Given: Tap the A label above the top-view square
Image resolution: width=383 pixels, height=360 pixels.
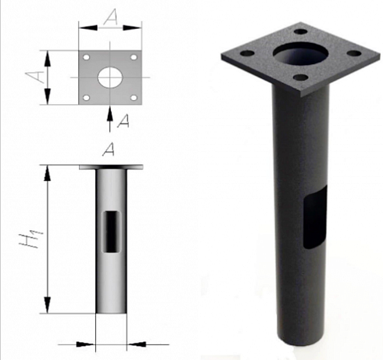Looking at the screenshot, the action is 111,16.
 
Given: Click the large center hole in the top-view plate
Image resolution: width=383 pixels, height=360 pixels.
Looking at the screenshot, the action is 110,77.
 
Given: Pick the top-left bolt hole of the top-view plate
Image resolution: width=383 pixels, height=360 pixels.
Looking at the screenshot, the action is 86,57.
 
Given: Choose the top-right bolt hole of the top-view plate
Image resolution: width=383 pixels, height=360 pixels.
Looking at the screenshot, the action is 134,57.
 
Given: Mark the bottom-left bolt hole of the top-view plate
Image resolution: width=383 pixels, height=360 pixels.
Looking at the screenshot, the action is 86,98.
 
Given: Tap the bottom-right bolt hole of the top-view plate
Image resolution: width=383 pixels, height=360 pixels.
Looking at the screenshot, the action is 134,98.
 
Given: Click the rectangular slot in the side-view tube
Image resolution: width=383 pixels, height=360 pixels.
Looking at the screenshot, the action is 112,232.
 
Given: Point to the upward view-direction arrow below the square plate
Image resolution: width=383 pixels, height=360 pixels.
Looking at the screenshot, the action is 109,119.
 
